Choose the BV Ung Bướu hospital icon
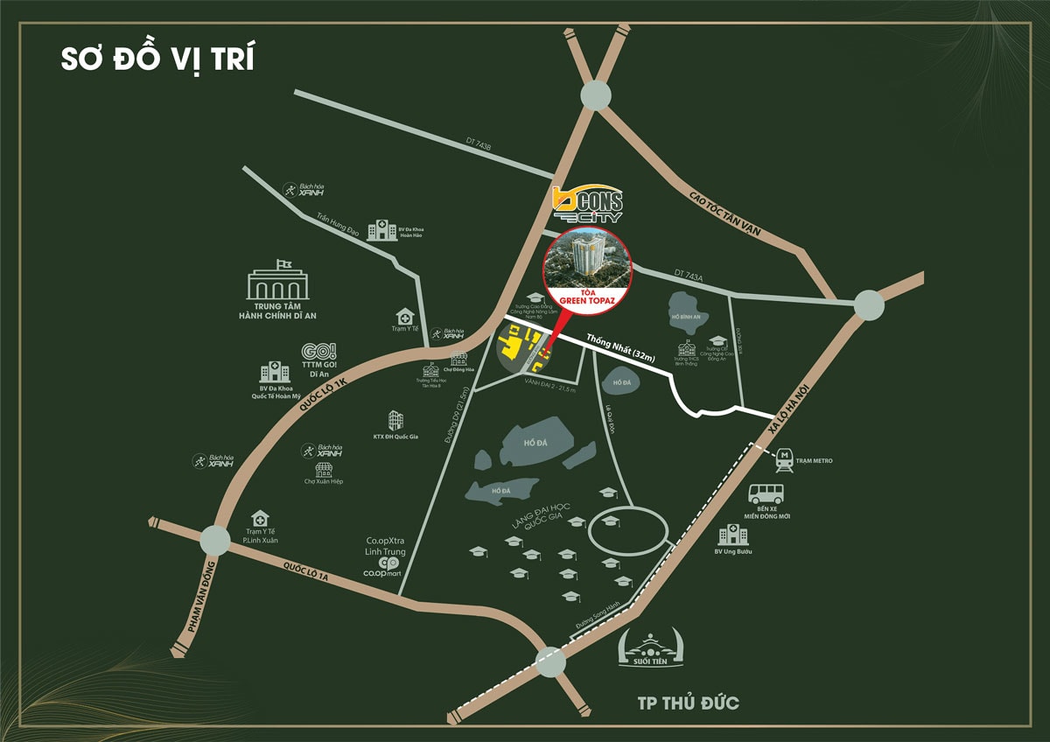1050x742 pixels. pos(732,534)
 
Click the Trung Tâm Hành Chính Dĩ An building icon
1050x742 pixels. pos(277,282)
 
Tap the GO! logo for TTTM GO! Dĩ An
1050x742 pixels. pos(318,353)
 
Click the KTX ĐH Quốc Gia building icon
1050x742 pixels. pos(395,421)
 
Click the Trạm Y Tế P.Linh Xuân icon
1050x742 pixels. pos(260,519)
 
